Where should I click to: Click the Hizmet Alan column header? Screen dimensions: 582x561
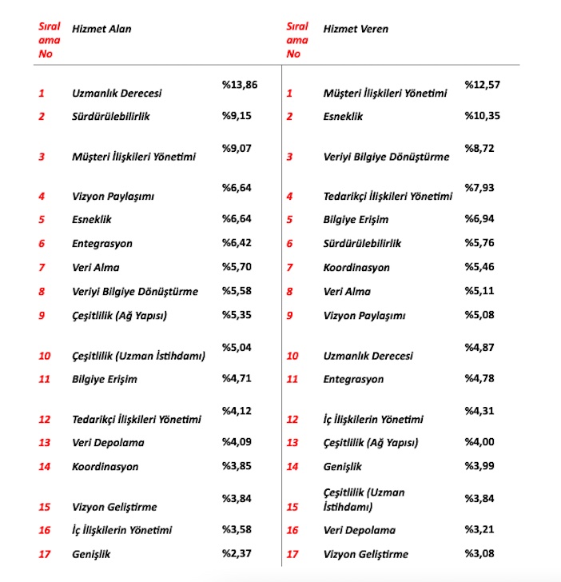[x=101, y=30]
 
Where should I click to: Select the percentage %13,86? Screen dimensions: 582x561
[x=239, y=83]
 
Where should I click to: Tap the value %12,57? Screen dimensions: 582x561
[x=481, y=85]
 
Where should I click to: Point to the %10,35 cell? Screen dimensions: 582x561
[x=481, y=117]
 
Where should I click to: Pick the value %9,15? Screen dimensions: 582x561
[x=237, y=116]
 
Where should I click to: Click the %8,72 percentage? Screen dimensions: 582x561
[x=479, y=149]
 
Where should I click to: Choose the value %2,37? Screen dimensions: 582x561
[x=237, y=553]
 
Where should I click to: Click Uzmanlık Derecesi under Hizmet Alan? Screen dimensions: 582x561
[x=117, y=94]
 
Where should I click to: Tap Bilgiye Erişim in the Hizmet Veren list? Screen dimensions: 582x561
[x=356, y=219]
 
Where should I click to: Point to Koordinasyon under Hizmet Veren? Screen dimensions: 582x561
[x=356, y=269]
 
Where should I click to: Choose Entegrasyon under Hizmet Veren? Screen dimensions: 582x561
[x=353, y=380]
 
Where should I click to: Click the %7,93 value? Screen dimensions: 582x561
[x=479, y=187]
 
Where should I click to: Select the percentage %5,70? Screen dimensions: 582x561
[x=237, y=268]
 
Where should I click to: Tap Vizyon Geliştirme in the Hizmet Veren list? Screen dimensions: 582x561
[x=366, y=554]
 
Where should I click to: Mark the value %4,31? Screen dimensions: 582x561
[x=479, y=411]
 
